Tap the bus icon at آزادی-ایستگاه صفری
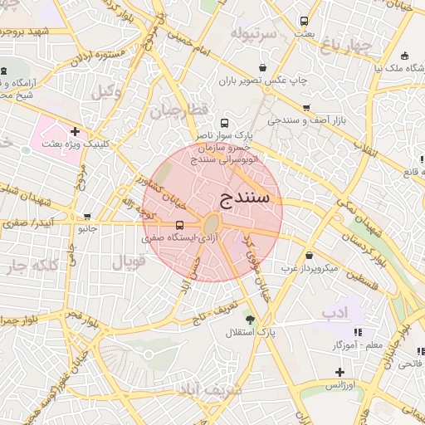click(180, 225)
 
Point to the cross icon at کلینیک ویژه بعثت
click(75, 130)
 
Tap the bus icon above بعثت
click(304, 21)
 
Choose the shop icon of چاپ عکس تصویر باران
click(263, 68)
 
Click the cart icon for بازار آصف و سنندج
click(307, 107)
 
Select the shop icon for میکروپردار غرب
click(310, 255)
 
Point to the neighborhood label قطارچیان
click(176, 110)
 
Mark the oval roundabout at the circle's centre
click(212, 224)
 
